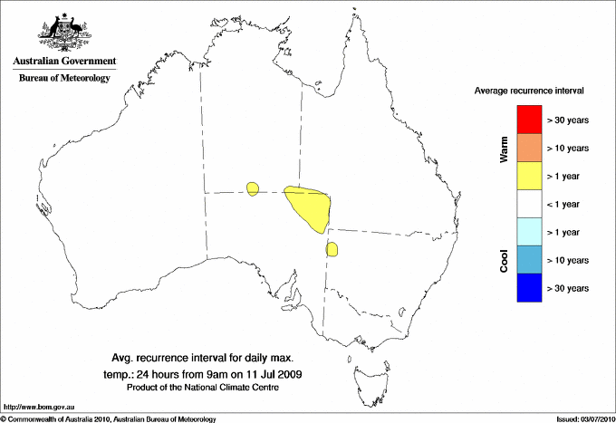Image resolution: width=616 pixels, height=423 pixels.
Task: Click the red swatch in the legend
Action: click(x=528, y=120)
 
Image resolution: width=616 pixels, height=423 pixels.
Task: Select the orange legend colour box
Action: click(x=528, y=148)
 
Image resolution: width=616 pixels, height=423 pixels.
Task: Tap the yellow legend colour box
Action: click(x=528, y=176)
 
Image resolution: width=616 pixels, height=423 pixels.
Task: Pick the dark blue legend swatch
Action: click(x=528, y=288)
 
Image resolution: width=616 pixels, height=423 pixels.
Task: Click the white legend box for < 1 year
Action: click(x=528, y=204)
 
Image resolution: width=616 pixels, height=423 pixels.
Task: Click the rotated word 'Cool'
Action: click(x=505, y=260)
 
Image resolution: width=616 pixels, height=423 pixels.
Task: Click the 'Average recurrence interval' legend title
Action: click(x=529, y=91)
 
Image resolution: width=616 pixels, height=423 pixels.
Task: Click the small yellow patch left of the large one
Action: click(x=253, y=188)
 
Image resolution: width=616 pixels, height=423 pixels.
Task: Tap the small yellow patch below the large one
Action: click(x=332, y=248)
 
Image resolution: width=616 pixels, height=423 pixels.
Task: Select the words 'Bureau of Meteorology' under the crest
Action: click(x=64, y=79)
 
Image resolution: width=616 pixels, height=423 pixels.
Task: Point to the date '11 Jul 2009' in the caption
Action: click(x=270, y=373)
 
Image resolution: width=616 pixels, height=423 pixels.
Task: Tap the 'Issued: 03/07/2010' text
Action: click(x=584, y=418)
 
